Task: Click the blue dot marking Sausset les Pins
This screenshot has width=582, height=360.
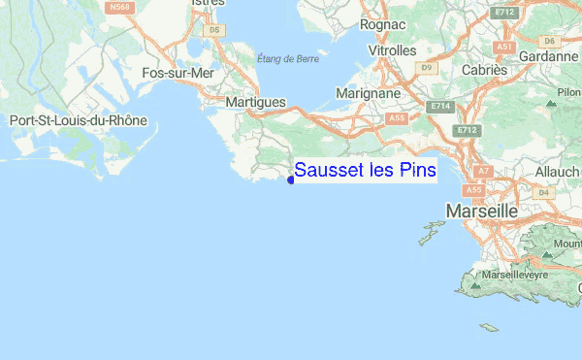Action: pyautogui.click(x=291, y=178)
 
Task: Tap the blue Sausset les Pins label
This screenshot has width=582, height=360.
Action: pyautogui.click(x=365, y=170)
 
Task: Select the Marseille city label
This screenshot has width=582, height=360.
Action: pyautogui.click(x=481, y=211)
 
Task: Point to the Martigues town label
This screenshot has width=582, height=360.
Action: pyautogui.click(x=255, y=101)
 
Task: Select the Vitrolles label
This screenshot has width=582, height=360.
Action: pyautogui.click(x=393, y=49)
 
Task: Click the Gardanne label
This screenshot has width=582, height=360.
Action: pyautogui.click(x=549, y=56)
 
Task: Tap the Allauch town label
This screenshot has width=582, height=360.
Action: pyautogui.click(x=556, y=171)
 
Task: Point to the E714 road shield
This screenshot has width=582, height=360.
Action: pyautogui.click(x=441, y=105)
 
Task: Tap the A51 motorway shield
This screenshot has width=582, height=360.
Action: pyautogui.click(x=502, y=46)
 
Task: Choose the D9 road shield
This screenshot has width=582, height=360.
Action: pyautogui.click(x=427, y=67)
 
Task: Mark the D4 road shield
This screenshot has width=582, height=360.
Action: pyautogui.click(x=543, y=192)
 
